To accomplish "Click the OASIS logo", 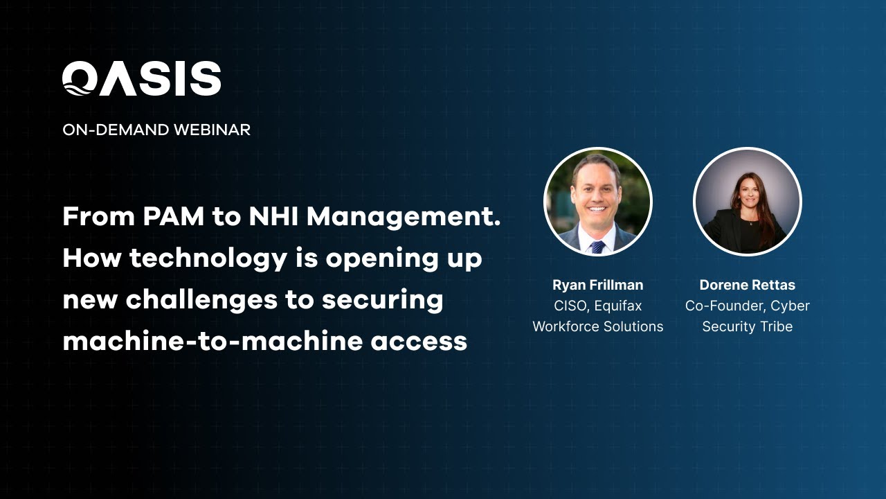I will [x=142, y=78].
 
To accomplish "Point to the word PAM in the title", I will [x=174, y=217].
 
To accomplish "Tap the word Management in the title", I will [x=404, y=217].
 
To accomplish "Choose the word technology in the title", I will [x=208, y=259].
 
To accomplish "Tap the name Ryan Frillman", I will [x=598, y=285].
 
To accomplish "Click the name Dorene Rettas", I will [x=748, y=285].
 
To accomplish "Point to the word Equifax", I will [x=619, y=306].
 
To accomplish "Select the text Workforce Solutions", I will [x=598, y=326].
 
